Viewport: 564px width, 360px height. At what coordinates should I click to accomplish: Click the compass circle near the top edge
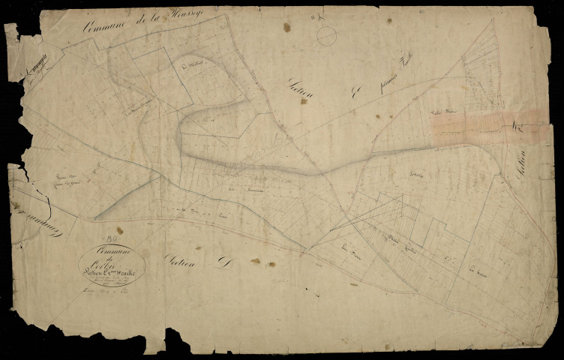click(x=327, y=34)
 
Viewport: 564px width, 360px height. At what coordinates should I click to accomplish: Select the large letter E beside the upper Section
click(x=357, y=94)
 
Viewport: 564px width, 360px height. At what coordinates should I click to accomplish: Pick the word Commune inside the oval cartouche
click(x=112, y=249)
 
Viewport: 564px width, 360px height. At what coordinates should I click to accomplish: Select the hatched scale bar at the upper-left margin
click(x=34, y=65)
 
